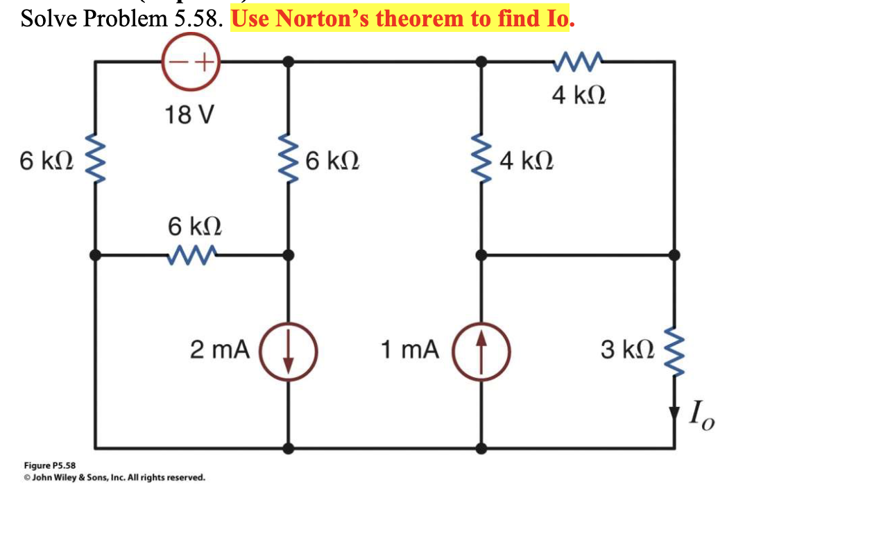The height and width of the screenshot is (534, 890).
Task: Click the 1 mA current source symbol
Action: [481, 351]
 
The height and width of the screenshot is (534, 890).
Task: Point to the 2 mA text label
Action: [220, 350]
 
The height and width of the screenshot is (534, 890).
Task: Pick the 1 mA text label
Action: [410, 350]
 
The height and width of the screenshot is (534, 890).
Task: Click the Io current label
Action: [700, 417]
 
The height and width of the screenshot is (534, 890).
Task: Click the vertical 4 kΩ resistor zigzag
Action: [480, 162]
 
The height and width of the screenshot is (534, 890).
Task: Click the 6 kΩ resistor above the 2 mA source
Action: [287, 162]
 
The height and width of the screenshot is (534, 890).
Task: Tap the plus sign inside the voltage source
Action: [203, 62]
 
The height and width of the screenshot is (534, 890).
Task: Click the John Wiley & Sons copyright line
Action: [114, 478]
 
